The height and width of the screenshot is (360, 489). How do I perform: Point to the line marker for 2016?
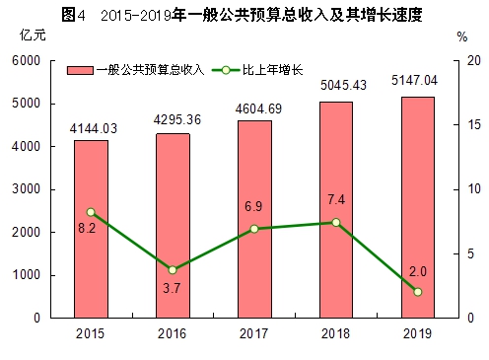[173, 270]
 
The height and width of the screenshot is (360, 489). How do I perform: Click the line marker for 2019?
[417, 292]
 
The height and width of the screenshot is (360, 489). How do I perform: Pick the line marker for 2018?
[336, 223]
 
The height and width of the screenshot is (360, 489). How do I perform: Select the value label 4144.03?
[92, 129]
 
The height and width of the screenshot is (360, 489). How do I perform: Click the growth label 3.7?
[172, 287]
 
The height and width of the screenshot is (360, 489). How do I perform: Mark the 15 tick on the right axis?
[472, 125]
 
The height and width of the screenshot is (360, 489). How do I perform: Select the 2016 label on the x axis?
[173, 333]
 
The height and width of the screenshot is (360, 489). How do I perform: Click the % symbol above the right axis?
[462, 36]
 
